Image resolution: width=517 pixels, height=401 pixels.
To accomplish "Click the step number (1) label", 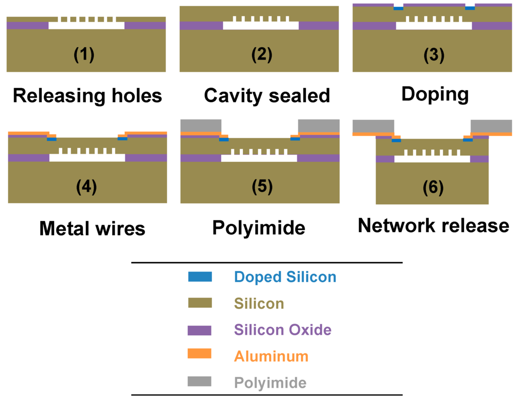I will pyautogui.click(x=84, y=54).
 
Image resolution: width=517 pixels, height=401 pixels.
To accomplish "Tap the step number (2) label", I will pyautogui.click(x=262, y=55).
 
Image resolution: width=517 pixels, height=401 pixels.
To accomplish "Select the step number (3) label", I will pyautogui.click(x=434, y=55).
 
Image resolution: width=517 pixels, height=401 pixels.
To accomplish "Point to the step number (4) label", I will pyautogui.click(x=86, y=187).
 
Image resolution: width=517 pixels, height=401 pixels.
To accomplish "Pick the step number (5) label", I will pyautogui.click(x=262, y=187).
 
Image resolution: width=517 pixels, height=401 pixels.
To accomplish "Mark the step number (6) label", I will pyautogui.click(x=433, y=187).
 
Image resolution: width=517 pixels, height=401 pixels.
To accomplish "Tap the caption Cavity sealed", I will pyautogui.click(x=267, y=95).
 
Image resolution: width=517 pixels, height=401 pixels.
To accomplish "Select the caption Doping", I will pyautogui.click(x=435, y=94).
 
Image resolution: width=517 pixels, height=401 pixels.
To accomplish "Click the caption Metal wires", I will pyautogui.click(x=92, y=229).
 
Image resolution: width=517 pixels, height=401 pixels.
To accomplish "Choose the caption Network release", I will pyautogui.click(x=433, y=226).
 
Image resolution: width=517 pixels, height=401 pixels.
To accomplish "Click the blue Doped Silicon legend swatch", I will pyautogui.click(x=199, y=277).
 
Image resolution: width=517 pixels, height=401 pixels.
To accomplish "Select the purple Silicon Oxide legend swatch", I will pyautogui.click(x=199, y=330).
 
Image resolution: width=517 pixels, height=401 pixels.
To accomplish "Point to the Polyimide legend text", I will pyautogui.click(x=270, y=382).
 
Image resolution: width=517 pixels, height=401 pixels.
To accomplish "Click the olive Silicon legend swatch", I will pyautogui.click(x=199, y=303).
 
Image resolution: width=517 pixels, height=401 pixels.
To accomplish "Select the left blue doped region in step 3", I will pyautogui.click(x=398, y=8).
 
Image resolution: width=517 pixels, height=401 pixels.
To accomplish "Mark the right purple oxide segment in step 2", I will pyautogui.click(x=319, y=25).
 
